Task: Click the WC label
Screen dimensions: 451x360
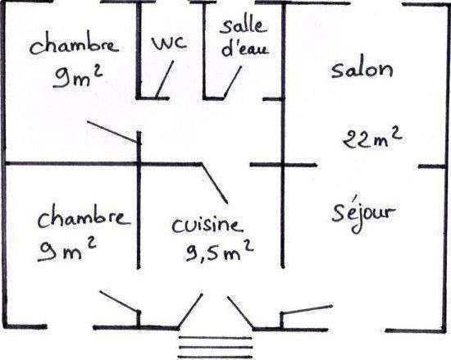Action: [169, 43]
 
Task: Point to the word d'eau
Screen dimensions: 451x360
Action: [245, 48]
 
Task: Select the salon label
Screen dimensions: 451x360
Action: [362, 70]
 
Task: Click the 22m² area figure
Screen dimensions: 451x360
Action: [372, 139]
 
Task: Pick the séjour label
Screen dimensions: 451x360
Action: [364, 214]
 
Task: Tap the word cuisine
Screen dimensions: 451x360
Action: [207, 226]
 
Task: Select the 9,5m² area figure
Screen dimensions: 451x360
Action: [220, 252]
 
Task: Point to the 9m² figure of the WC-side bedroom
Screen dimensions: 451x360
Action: [78, 76]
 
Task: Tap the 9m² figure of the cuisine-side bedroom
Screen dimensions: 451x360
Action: [66, 250]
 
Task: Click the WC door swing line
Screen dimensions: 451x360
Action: [165, 79]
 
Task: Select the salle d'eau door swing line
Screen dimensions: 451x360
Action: [233, 82]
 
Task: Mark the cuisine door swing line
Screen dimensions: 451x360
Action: [215, 184]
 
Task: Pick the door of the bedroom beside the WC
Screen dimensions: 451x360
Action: [113, 131]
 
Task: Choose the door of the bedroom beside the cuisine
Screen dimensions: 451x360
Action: [120, 301]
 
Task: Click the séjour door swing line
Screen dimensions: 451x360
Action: [307, 309]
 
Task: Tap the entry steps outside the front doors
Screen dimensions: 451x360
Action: [216, 347]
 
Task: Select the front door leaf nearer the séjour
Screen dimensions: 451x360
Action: [240, 312]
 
